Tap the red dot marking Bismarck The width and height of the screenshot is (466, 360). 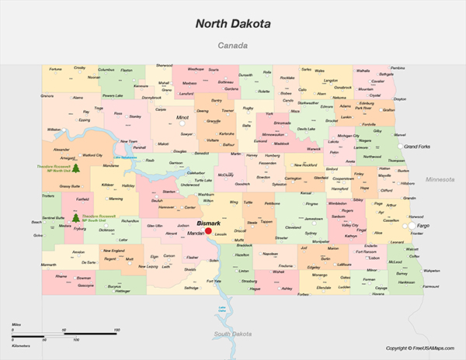(208, 230)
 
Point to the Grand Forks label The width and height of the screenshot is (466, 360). (418, 146)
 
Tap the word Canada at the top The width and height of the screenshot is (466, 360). (233, 46)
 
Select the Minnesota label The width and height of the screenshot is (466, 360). (440, 179)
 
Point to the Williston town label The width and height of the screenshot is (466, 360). (54, 129)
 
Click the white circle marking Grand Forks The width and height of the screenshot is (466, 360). (401, 146)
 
